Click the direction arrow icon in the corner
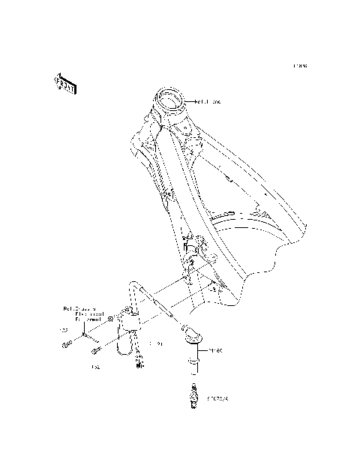(64, 84)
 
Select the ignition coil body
(124, 328)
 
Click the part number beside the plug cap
(216, 349)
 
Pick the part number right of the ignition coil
(157, 343)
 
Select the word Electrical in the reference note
(79, 314)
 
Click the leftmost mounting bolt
(65, 344)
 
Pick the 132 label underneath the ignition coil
(95, 367)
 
